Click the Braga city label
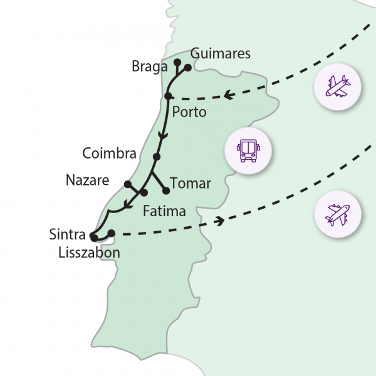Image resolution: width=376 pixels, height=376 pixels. pyautogui.click(x=149, y=66)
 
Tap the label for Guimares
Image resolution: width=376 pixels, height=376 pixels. pyautogui.click(x=220, y=54)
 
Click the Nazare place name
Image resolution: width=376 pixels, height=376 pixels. pyautogui.click(x=87, y=181)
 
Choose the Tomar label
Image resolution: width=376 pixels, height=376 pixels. pyautogui.click(x=191, y=184)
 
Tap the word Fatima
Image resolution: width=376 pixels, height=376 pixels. pyautogui.click(x=164, y=211)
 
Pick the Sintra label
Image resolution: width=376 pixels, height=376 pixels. pyautogui.click(x=67, y=235)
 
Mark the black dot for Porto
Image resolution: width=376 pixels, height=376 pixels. pyautogui.click(x=169, y=95)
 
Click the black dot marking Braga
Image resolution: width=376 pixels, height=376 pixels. pyautogui.click(x=177, y=62)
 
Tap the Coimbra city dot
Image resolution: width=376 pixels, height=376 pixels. pyautogui.click(x=157, y=157)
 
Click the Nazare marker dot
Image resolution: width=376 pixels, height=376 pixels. pyautogui.click(x=127, y=184)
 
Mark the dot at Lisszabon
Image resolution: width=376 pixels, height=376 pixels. pyautogui.click(x=112, y=233)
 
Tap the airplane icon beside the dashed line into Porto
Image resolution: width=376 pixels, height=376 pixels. pyautogui.click(x=338, y=87)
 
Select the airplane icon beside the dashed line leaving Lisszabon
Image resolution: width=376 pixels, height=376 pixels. pyautogui.click(x=338, y=214)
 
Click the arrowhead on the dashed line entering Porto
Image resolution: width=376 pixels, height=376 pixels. pyautogui.click(x=228, y=96)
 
